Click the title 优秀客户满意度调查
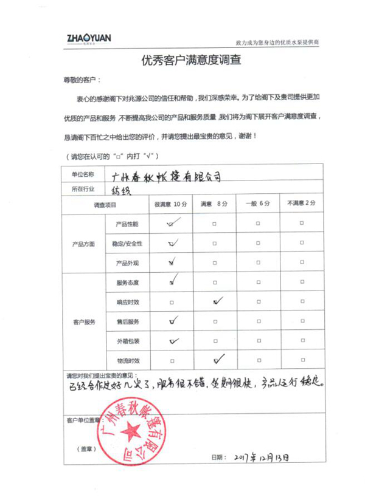182,60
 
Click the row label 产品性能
127,224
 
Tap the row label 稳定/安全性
127,244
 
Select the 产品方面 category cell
83,244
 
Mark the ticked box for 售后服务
173,320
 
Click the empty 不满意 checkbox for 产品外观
302,263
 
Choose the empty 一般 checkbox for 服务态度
258,283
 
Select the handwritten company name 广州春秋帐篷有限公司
167,175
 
